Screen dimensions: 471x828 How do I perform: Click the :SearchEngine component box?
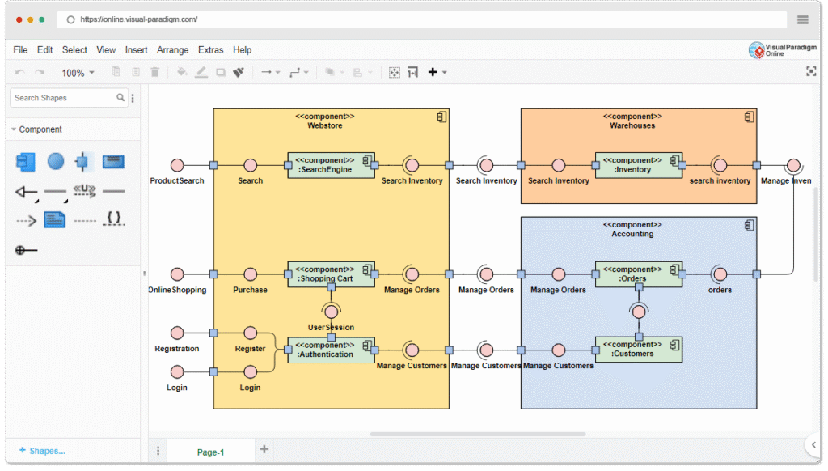[x=331, y=165]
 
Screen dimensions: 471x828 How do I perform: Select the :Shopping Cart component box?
[x=331, y=274]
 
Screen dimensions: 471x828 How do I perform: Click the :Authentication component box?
[x=331, y=350]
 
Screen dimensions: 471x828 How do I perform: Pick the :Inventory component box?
[x=638, y=165]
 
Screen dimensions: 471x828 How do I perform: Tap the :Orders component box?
[x=638, y=274]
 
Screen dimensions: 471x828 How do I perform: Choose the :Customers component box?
[x=638, y=350]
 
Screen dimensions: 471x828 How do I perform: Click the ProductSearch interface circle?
[x=177, y=165]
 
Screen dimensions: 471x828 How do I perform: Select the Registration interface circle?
[x=177, y=333]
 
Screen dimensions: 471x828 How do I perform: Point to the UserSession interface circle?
[x=331, y=312]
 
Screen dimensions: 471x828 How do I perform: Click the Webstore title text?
[x=325, y=125]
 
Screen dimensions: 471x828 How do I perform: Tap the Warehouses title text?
[x=632, y=125]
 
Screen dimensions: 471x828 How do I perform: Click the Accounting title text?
[x=632, y=234]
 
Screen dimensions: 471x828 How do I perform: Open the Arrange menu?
[x=173, y=50]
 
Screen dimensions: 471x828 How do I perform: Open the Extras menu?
[x=211, y=50]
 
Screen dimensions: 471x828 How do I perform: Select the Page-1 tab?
[x=211, y=452]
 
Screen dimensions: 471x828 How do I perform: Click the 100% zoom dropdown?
[x=78, y=73]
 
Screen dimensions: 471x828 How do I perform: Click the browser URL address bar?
[x=420, y=19]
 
